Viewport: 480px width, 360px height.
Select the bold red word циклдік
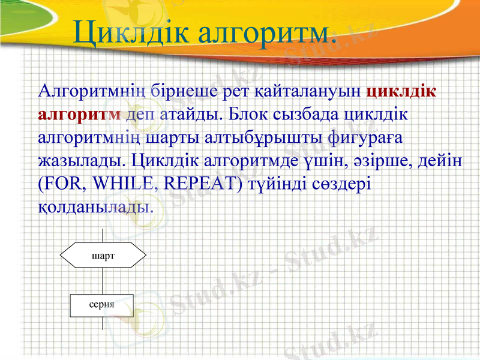point(401,92)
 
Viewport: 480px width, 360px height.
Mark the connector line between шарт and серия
point(103,282)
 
